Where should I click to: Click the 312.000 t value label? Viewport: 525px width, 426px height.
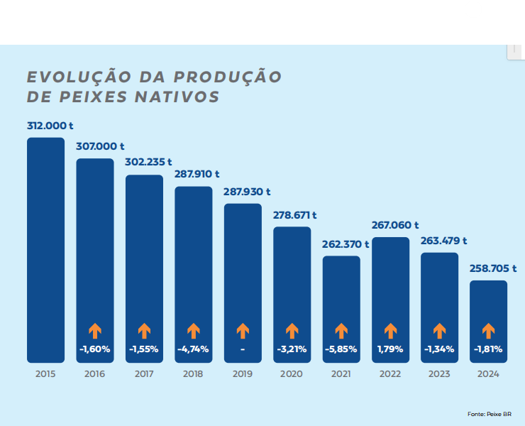tap(50, 125)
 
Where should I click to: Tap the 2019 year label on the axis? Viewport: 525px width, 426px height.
tap(243, 374)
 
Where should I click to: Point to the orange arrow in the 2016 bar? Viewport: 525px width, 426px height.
tap(95, 330)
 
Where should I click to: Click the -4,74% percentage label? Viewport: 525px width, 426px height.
tap(193, 349)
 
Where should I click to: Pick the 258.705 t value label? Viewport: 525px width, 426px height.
tap(493, 268)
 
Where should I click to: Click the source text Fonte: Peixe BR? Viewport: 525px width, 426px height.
tap(490, 413)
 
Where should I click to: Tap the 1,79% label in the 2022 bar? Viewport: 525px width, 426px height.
tap(390, 349)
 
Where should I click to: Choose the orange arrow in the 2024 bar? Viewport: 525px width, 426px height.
tap(488, 330)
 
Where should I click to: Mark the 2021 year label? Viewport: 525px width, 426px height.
tap(341, 374)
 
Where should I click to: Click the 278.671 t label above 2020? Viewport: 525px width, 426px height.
tap(295, 214)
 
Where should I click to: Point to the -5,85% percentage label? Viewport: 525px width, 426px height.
tap(341, 349)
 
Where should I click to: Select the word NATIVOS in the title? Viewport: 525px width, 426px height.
tap(177, 97)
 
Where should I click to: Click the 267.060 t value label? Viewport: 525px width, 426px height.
tap(395, 225)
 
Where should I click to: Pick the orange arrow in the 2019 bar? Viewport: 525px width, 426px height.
tap(243, 330)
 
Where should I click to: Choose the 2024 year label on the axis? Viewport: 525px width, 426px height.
tap(488, 374)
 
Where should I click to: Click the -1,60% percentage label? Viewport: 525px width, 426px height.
tap(95, 349)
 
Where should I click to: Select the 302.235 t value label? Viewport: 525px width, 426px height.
tap(148, 162)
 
